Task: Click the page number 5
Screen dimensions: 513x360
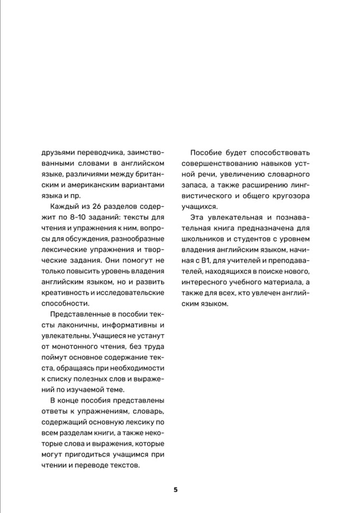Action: click(176, 489)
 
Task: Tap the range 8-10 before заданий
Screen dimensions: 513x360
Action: click(86, 217)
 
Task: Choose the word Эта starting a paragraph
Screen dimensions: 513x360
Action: click(197, 217)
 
